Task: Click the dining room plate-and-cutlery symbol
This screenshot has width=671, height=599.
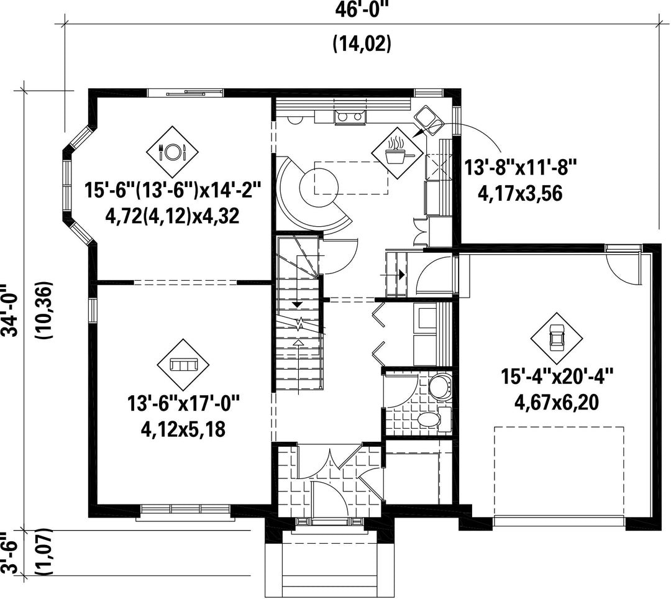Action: (x=173, y=152)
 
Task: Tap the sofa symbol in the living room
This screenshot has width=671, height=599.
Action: (x=183, y=365)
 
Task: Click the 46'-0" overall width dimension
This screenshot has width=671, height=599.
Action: (x=358, y=9)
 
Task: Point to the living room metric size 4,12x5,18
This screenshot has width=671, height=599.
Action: (x=183, y=430)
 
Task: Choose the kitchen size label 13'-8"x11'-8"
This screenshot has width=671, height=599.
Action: (x=521, y=167)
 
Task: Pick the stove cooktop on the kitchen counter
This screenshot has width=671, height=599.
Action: (x=350, y=116)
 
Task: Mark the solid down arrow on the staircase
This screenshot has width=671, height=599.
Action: (x=297, y=305)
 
